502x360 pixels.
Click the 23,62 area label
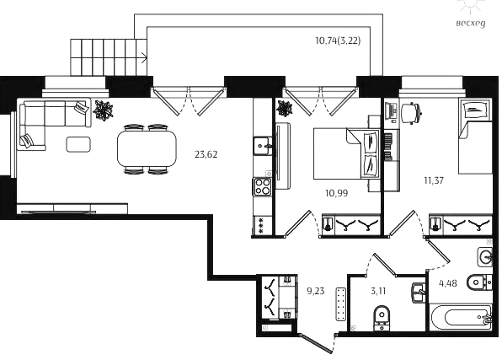tap(206, 155)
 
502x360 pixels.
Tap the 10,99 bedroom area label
tap(336, 193)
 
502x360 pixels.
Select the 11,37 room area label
tap(434, 180)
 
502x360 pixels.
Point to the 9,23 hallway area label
tap(316, 291)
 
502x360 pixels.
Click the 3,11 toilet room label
tap(378, 292)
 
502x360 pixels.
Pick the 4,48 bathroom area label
tap(448, 284)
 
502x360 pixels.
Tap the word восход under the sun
tap(471, 24)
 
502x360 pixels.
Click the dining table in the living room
tap(147, 148)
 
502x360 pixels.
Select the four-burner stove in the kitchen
tap(263, 186)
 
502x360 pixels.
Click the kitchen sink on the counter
tap(263, 146)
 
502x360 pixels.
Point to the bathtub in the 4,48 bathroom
tap(461, 318)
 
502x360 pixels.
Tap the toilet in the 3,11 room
tap(382, 317)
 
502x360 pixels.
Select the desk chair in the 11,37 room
tap(411, 113)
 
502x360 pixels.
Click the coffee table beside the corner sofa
tap(78, 144)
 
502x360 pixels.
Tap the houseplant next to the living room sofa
tap(103, 110)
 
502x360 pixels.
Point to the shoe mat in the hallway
tap(341, 304)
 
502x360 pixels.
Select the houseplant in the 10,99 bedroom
tap(285, 109)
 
